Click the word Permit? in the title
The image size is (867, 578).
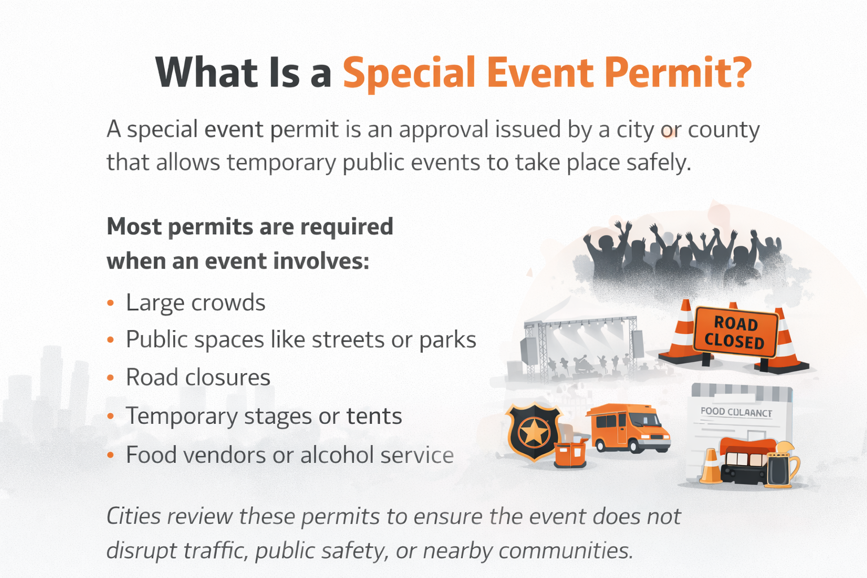pos(677,73)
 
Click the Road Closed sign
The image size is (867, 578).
pos(735,332)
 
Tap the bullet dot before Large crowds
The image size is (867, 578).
pos(111,304)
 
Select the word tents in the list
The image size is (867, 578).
pos(374,417)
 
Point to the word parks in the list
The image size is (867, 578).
pos(447,340)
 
